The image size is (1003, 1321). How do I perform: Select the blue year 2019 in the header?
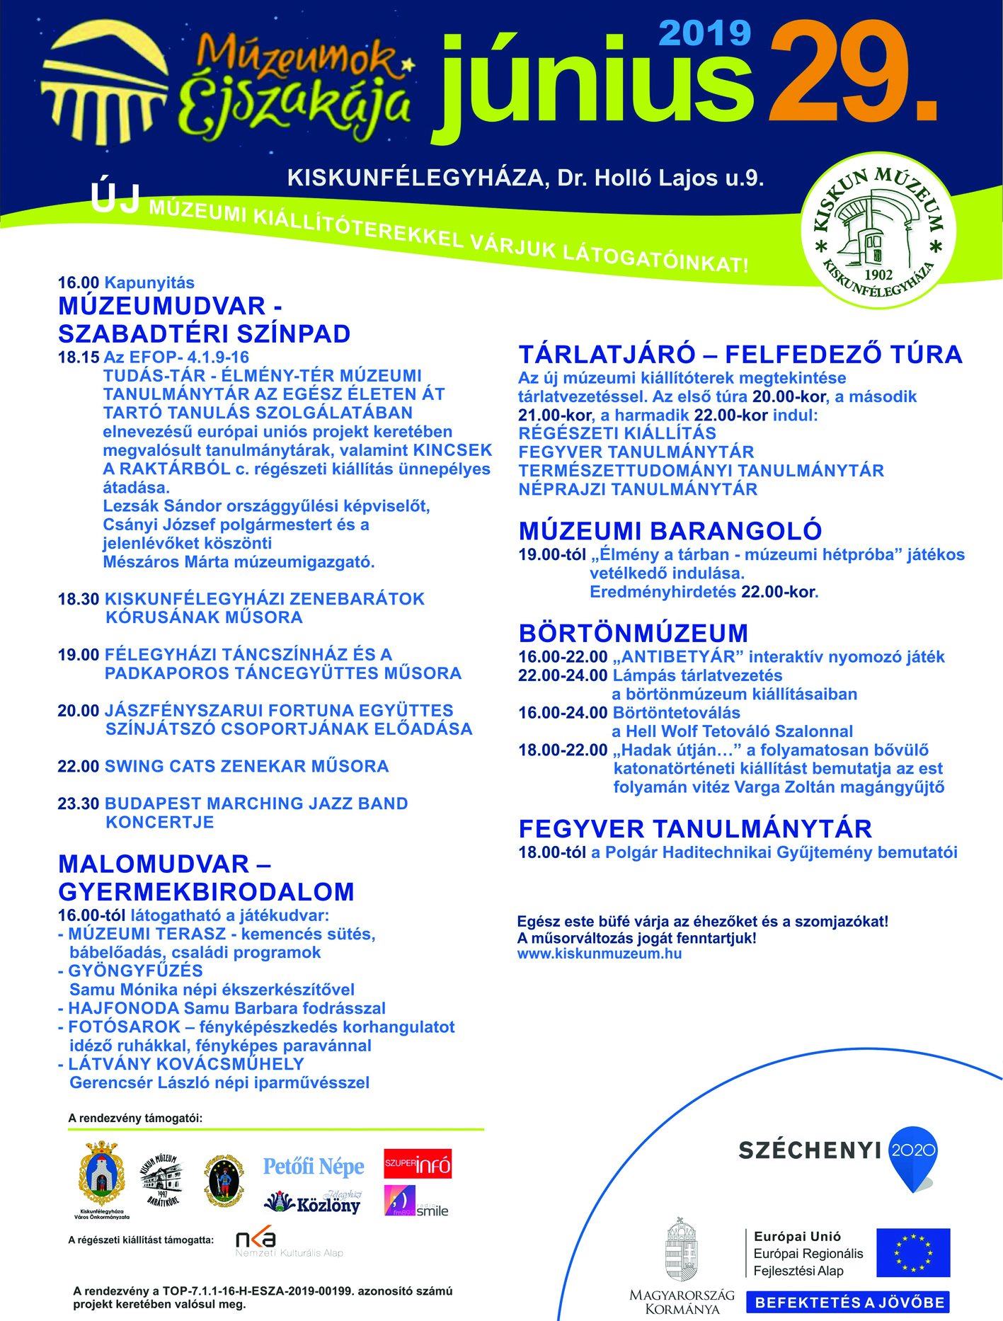coord(704,33)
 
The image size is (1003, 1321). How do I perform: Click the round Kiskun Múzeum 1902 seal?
coord(878,231)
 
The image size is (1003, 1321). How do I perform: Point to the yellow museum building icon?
coord(105,79)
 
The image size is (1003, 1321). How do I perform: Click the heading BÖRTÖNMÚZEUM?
coord(634,633)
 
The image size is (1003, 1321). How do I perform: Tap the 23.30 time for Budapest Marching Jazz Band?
coord(78,804)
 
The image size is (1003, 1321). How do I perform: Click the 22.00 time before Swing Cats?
coord(78,766)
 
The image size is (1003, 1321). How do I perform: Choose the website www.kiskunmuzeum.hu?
coord(600,954)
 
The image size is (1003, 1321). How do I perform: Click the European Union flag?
coord(913,1252)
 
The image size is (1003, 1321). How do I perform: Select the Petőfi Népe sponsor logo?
coord(314,1167)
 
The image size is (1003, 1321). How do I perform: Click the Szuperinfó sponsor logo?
coord(418,1164)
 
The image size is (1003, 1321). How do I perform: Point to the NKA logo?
coord(256,1240)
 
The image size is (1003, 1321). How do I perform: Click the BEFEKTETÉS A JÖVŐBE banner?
coord(848,1303)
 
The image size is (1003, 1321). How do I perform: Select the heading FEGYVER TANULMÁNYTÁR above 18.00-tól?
coord(695,829)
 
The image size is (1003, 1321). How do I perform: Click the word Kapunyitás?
coord(149,282)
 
